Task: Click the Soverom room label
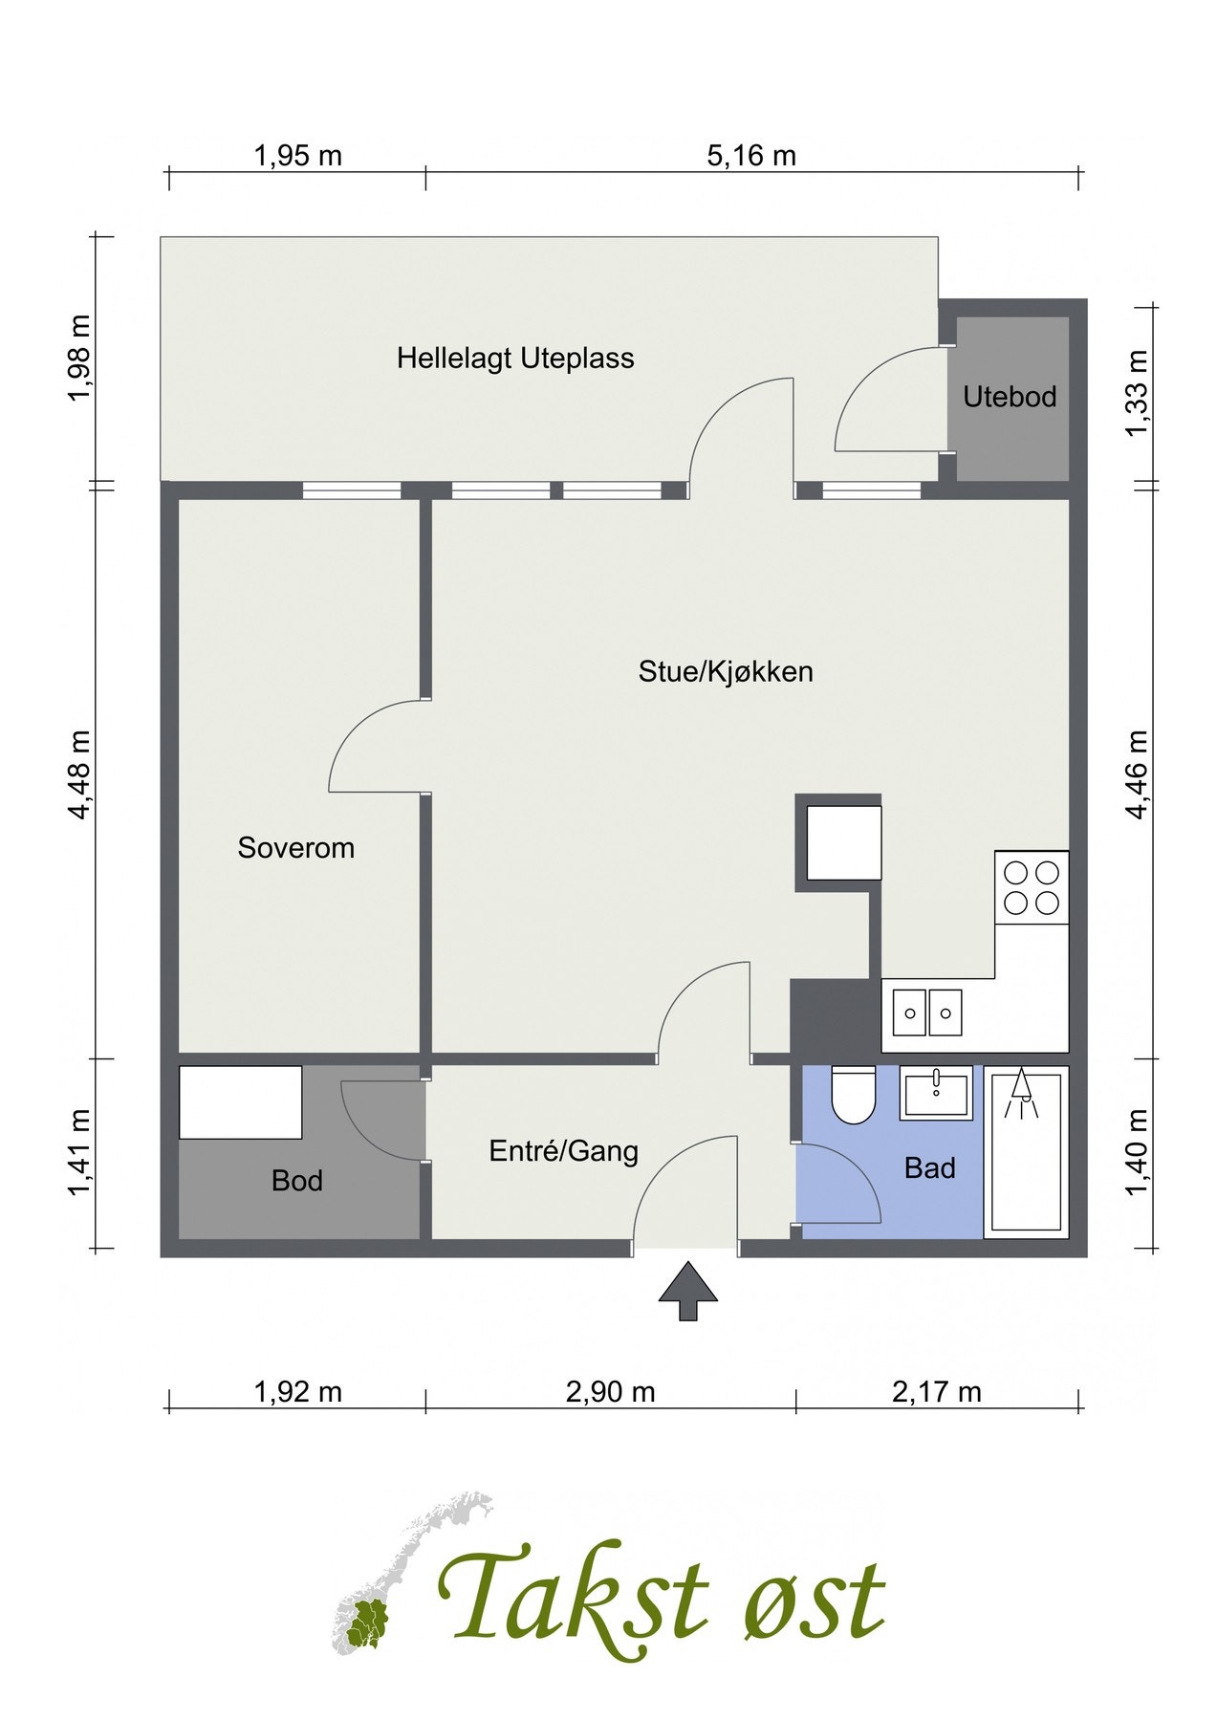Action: coord(295,848)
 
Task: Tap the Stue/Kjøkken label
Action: coord(726,671)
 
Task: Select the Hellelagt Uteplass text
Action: coord(515,359)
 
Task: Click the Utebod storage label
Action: coord(1010,397)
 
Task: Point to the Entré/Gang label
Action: coord(563,1151)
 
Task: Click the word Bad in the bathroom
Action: coord(929,1168)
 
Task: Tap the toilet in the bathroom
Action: coord(854,1096)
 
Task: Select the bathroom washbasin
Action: coord(936,1092)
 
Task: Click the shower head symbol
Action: coord(1022,1090)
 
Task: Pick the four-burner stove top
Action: coord(1032,887)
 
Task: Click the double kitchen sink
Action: coord(927,1013)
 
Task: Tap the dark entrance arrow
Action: coord(687,1292)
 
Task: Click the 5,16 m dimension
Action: coord(751,156)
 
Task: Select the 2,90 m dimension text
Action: coord(610,1392)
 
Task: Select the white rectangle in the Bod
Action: coord(241,1102)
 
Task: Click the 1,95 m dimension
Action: coord(297,156)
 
